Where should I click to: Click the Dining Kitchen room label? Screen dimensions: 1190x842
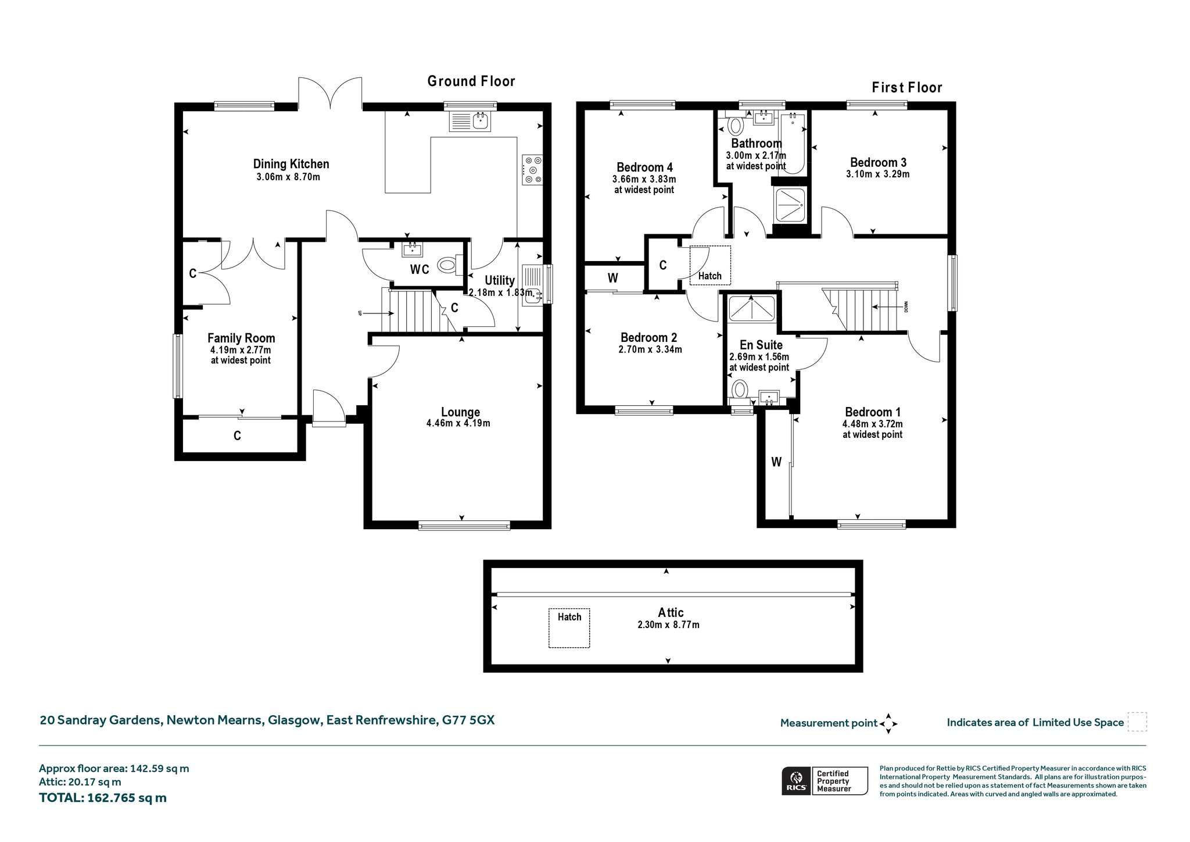coord(291,164)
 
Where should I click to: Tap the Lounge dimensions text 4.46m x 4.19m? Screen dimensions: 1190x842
coord(458,423)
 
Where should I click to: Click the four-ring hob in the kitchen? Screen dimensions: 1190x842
coord(532,169)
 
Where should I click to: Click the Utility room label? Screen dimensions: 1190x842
coord(500,280)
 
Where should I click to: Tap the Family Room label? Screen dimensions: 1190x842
coord(241,338)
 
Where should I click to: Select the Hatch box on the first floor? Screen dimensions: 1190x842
coord(710,265)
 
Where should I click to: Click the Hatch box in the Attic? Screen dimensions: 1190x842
coord(569,628)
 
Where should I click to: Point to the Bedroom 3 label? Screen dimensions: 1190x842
coord(878,162)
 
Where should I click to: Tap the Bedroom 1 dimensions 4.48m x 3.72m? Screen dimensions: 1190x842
coord(873,424)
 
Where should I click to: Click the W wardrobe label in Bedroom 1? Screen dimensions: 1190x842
coord(776,462)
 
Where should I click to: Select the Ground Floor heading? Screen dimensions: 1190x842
coord(471,81)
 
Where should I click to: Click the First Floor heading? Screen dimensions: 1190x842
coord(907,88)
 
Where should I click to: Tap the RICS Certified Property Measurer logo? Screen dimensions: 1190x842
coord(825,780)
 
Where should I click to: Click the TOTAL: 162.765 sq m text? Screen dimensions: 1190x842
coord(103,798)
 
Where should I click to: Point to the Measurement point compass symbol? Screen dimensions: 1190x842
coord(888,723)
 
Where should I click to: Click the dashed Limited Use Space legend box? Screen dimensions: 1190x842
coord(1137,722)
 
